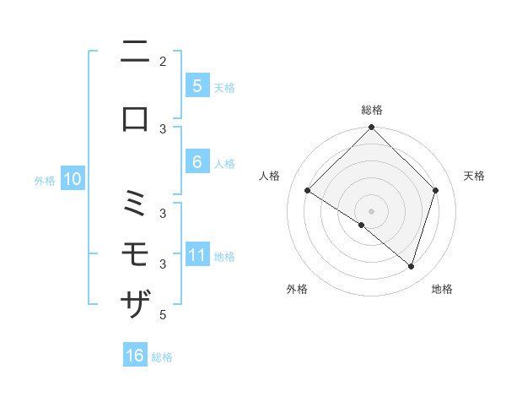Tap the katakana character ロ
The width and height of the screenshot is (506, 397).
(135, 118)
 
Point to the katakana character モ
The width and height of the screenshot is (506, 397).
(135, 253)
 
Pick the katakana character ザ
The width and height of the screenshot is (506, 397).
(135, 302)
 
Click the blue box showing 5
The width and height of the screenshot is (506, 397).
(196, 86)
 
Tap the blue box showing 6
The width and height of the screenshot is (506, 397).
(196, 162)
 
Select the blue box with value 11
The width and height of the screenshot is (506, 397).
(197, 255)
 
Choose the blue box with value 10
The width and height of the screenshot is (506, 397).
(73, 179)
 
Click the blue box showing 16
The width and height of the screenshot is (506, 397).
(135, 356)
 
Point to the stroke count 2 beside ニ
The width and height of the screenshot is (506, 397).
(163, 61)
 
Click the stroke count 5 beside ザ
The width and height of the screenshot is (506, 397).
(163, 315)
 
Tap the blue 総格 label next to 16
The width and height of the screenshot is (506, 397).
(162, 357)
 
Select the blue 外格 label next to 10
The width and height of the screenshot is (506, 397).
(45, 180)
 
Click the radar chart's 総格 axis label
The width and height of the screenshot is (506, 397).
(372, 110)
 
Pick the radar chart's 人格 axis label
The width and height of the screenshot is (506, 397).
(270, 176)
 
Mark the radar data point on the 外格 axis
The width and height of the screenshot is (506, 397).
(362, 225)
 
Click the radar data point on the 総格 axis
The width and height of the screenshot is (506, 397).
(372, 128)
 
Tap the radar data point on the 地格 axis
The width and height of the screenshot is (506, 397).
(412, 266)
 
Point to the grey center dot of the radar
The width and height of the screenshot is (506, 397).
(372, 210)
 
